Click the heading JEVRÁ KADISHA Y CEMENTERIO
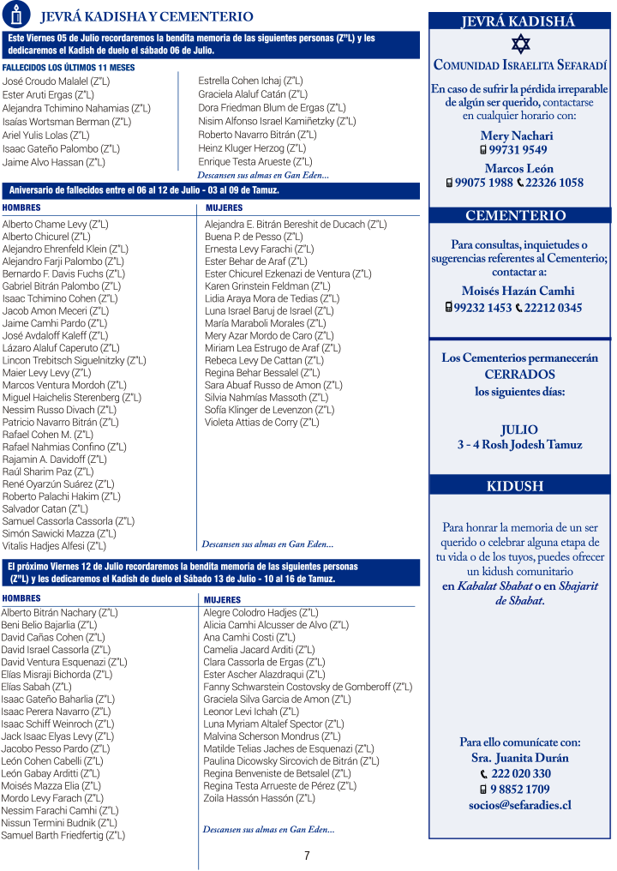147,16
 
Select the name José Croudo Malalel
57,81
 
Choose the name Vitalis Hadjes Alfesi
54,545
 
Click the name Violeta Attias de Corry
261,422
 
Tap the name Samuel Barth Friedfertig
63,835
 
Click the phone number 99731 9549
523,150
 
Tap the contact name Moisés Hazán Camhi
518,291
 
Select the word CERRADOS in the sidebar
519,375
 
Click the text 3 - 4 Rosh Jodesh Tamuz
519,445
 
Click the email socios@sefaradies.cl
519,805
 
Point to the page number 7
307,856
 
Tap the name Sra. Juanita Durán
519,758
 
